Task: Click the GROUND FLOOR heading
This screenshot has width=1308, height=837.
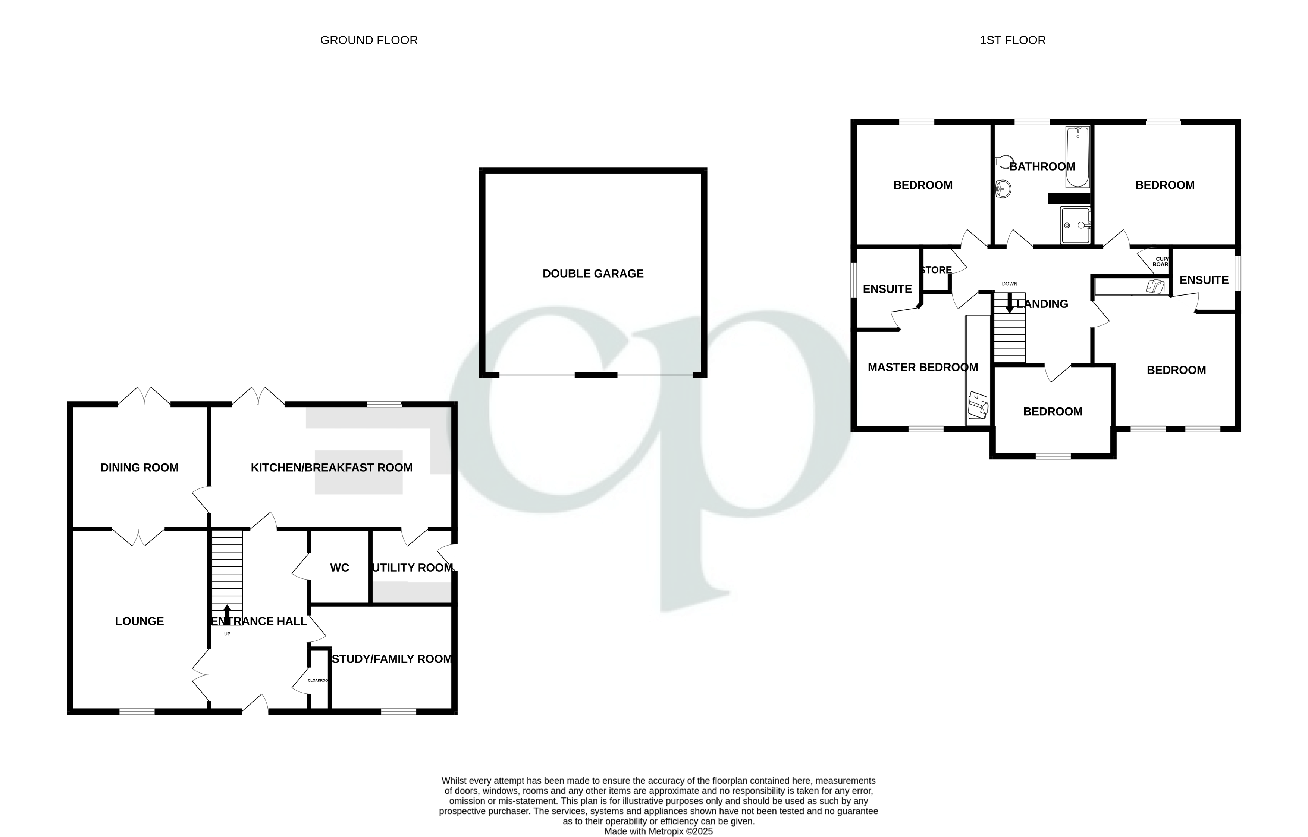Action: (x=369, y=40)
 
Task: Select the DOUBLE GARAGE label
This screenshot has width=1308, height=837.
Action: (x=593, y=274)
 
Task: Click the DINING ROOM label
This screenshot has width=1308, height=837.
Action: (x=139, y=468)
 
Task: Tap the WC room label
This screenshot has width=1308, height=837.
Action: (x=339, y=568)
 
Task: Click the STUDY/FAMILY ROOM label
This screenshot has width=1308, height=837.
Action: (x=392, y=659)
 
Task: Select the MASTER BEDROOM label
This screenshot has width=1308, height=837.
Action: (x=922, y=368)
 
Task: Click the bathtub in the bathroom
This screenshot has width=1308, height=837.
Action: (x=1077, y=156)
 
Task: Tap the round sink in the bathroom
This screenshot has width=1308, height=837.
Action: (x=1003, y=190)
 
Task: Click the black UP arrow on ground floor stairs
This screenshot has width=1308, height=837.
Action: (x=227, y=615)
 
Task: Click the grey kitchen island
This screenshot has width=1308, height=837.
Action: (x=358, y=472)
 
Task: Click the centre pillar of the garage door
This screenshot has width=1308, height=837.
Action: (x=596, y=375)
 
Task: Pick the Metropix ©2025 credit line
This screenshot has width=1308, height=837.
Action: (x=658, y=831)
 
